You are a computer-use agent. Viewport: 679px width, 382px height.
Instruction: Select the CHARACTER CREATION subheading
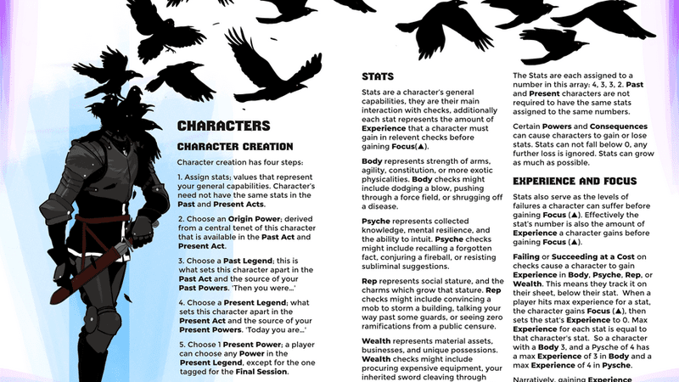(235, 147)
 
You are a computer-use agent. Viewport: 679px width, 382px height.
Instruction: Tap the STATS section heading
(377, 76)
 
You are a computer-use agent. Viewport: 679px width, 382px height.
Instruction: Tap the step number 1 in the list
(180, 176)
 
